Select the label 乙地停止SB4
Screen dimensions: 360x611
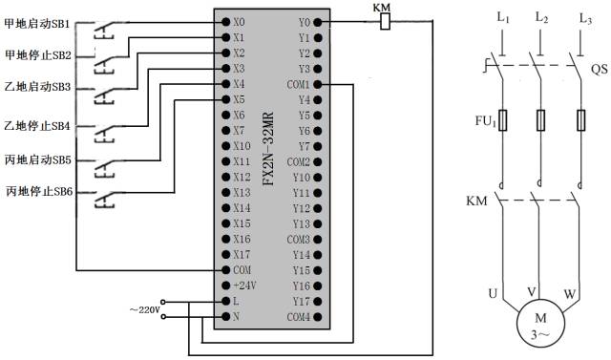click(x=36, y=125)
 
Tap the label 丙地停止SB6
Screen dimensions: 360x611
click(x=36, y=192)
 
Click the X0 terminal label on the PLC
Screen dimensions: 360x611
click(x=239, y=20)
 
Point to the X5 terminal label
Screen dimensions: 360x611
click(x=239, y=98)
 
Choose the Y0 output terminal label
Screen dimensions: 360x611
click(x=304, y=20)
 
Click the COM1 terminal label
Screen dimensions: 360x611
click(x=298, y=85)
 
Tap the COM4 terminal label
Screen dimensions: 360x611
click(x=298, y=316)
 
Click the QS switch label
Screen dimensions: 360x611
click(x=598, y=69)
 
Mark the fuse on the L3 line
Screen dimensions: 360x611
click(x=582, y=120)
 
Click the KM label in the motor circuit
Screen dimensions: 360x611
click(x=476, y=201)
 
